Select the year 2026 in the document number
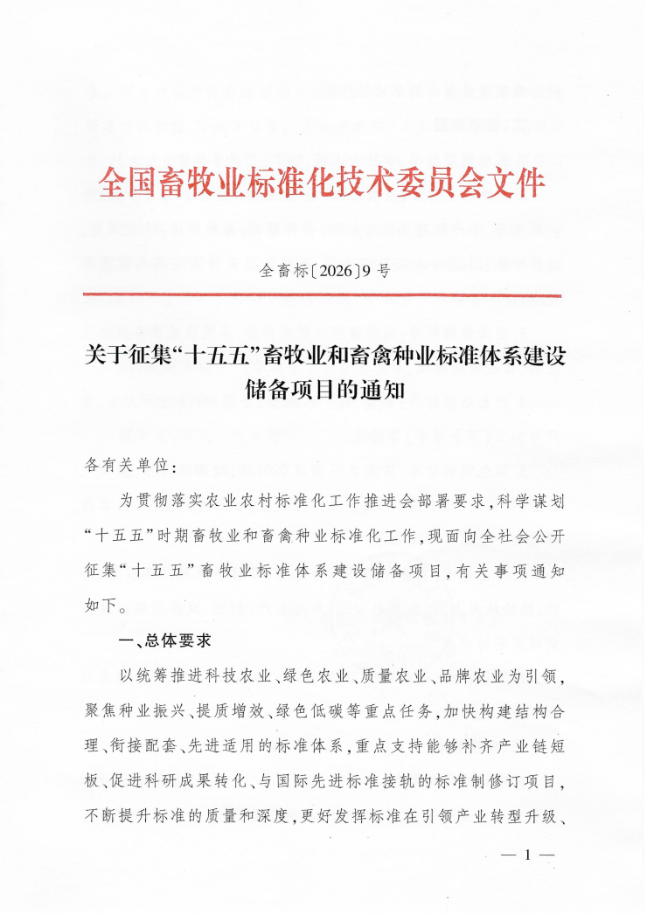[335, 270]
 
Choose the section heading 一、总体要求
[165, 640]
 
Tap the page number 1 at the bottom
[526, 855]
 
